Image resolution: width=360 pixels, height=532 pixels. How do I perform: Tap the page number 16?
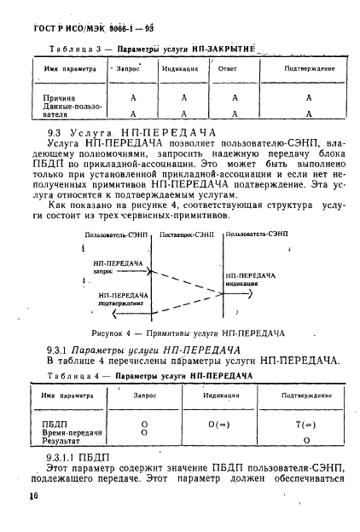point(35,496)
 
